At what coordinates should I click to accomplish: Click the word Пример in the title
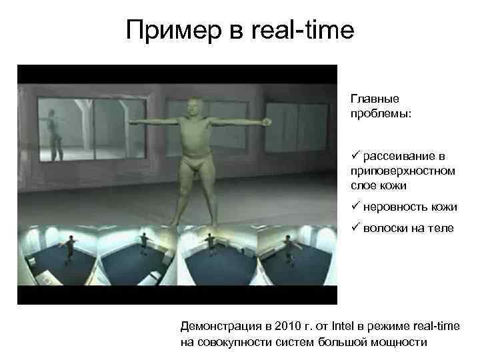169,30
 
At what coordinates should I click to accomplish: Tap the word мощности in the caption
401,343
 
